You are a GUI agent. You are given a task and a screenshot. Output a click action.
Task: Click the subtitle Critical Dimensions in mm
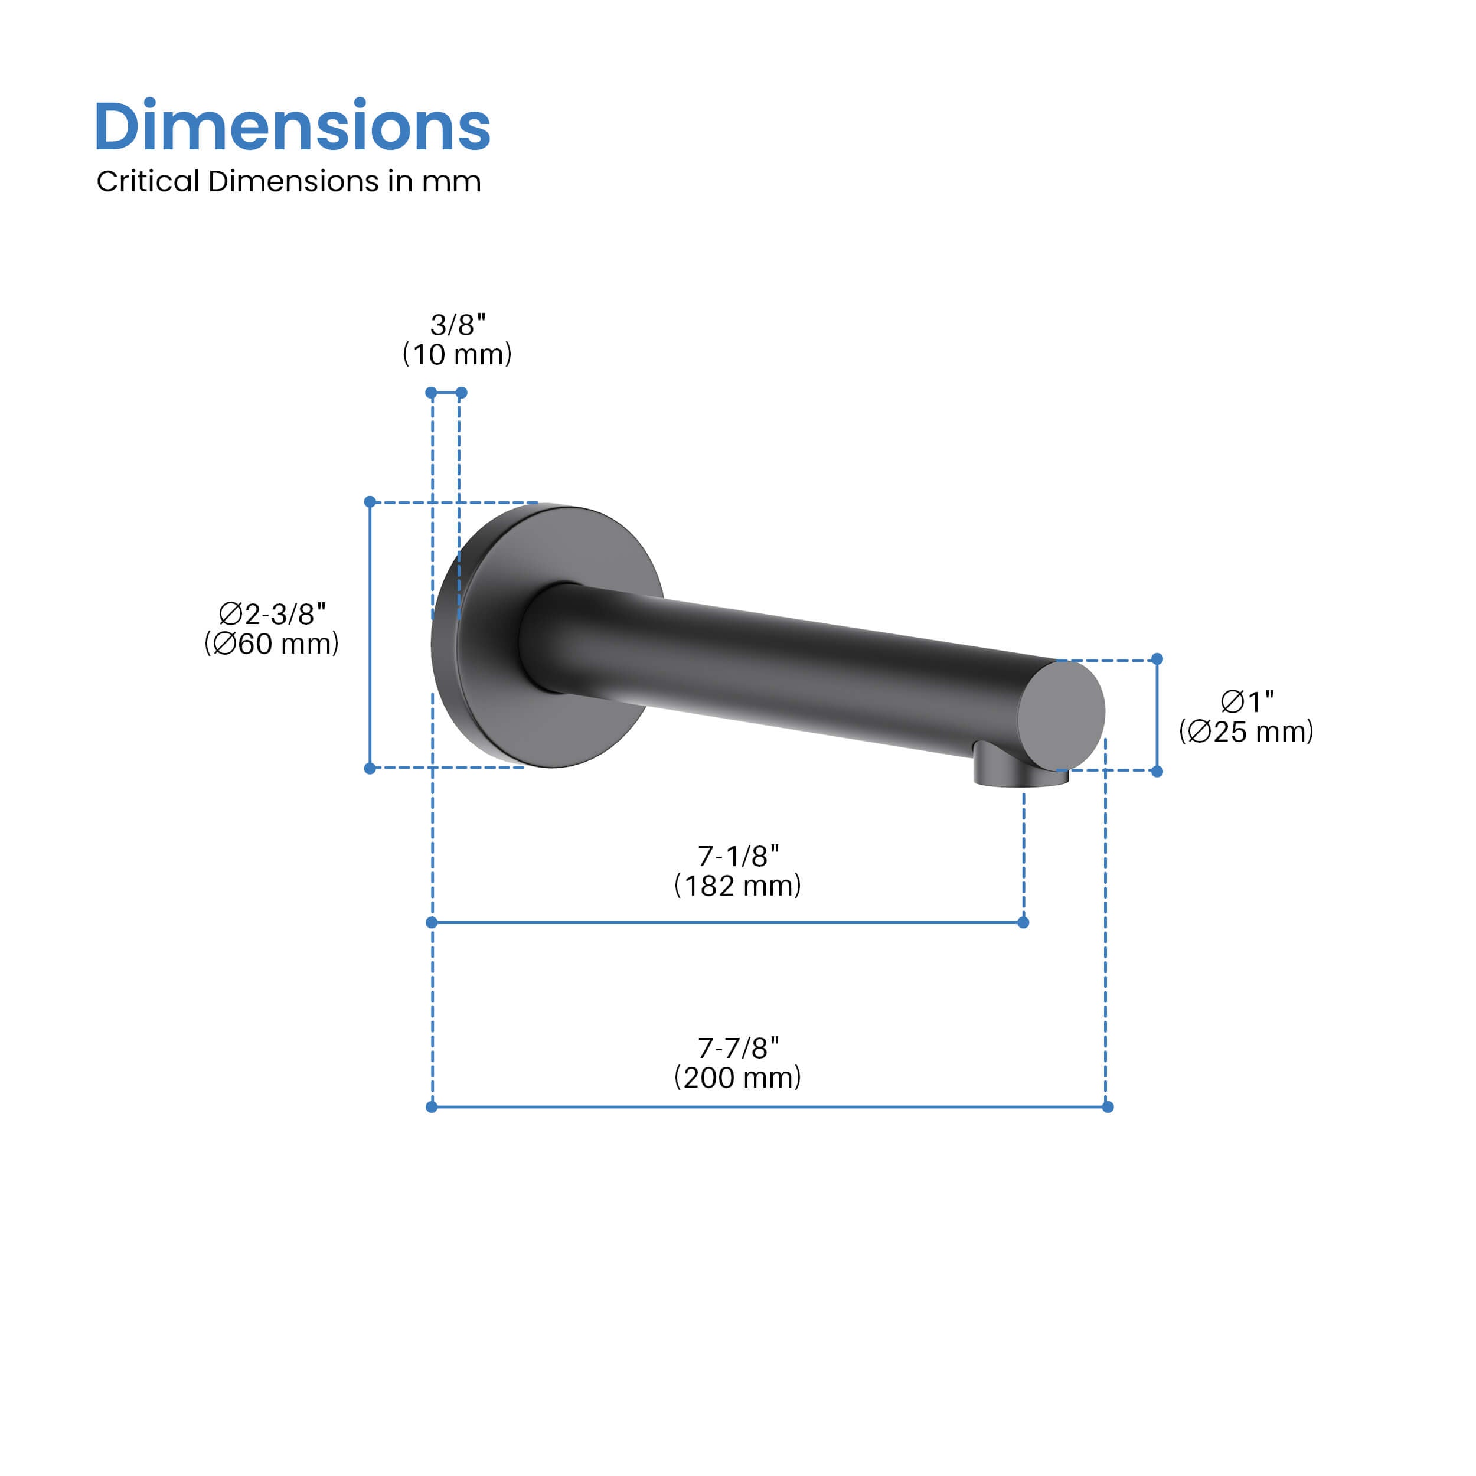tap(289, 182)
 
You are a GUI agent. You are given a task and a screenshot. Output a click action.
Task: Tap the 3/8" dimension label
tap(458, 325)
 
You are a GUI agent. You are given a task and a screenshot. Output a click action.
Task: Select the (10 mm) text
tap(457, 354)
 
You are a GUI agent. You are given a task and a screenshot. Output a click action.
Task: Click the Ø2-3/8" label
tap(272, 613)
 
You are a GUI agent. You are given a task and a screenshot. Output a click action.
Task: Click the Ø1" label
tap(1247, 701)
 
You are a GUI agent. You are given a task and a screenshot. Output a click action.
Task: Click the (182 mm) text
tap(737, 886)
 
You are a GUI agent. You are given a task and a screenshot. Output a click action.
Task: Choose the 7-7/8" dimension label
tap(738, 1047)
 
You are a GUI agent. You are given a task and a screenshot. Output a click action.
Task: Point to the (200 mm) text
tap(737, 1077)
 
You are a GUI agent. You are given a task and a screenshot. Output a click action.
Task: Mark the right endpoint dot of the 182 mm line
tap(1024, 922)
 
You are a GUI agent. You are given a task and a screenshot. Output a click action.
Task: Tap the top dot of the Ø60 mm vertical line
tap(370, 502)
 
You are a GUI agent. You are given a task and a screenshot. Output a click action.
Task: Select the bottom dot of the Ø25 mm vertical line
tap(1157, 772)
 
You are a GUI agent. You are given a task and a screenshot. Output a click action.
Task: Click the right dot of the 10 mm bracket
tap(462, 393)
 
